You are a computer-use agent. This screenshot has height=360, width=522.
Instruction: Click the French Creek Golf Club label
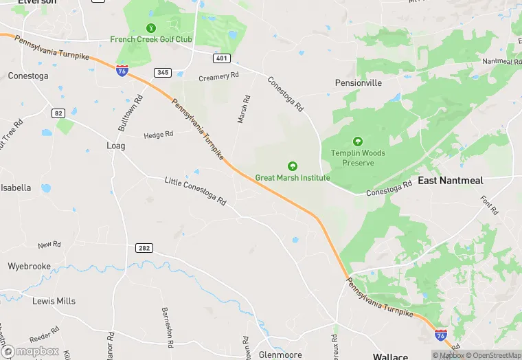(151, 39)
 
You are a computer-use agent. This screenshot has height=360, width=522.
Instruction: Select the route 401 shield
(221, 58)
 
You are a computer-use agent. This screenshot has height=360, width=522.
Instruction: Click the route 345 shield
(163, 72)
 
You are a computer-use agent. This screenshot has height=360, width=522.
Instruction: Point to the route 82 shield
(58, 113)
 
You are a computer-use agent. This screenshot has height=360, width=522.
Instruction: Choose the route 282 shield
(144, 248)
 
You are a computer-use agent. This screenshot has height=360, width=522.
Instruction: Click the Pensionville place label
(358, 82)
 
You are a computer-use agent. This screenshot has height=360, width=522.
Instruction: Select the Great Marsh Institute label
(293, 177)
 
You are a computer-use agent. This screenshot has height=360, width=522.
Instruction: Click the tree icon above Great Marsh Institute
(293, 166)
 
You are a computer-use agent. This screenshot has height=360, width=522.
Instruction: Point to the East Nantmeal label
(451, 181)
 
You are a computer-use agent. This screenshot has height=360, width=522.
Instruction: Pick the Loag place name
(116, 146)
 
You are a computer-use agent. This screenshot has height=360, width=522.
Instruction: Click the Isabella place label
(16, 188)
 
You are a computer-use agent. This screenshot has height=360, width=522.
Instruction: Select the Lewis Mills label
(54, 301)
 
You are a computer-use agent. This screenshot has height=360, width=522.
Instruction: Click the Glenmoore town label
(281, 355)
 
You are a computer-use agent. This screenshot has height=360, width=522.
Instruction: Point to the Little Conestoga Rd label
(195, 191)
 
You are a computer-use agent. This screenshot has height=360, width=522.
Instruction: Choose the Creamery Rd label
(218, 77)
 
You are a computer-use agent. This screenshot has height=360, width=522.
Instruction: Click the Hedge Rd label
(158, 135)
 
